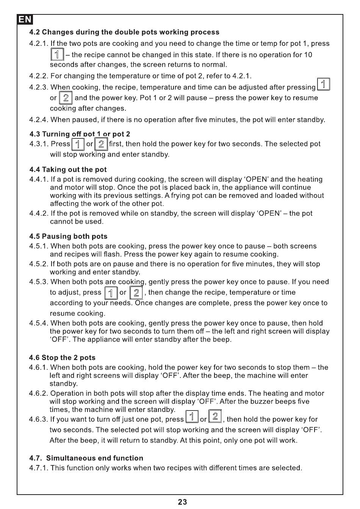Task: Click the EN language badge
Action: pyautogui.click(x=25, y=19)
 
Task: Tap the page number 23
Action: pyautogui.click(x=182, y=502)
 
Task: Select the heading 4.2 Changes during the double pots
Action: pyautogui.click(x=124, y=32)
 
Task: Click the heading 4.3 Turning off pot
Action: pyautogui.click(x=80, y=134)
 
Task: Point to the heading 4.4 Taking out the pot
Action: pyautogui.click(x=68, y=170)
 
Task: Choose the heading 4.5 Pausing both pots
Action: pyautogui.click(x=68, y=236)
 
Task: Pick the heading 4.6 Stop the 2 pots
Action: pyautogui.click(x=62, y=358)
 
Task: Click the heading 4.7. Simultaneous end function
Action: pyautogui.click(x=86, y=458)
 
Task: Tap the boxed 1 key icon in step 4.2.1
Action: pyautogui.click(x=57, y=55)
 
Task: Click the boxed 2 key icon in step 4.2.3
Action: pyautogui.click(x=66, y=98)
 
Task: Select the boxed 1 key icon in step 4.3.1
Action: pyautogui.click(x=78, y=144)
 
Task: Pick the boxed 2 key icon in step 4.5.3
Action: pyautogui.click(x=136, y=293)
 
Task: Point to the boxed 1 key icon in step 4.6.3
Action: pyautogui.click(x=192, y=417)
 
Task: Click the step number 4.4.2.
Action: pyautogui.click(x=39, y=213)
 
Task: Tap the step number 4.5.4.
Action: pyautogui.click(x=39, y=323)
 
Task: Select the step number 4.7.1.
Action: pyautogui.click(x=39, y=468)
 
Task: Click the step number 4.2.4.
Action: pyautogui.click(x=39, y=120)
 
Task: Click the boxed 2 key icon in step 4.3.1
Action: pyautogui.click(x=101, y=144)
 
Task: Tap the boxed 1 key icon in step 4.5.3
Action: pyautogui.click(x=111, y=293)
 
